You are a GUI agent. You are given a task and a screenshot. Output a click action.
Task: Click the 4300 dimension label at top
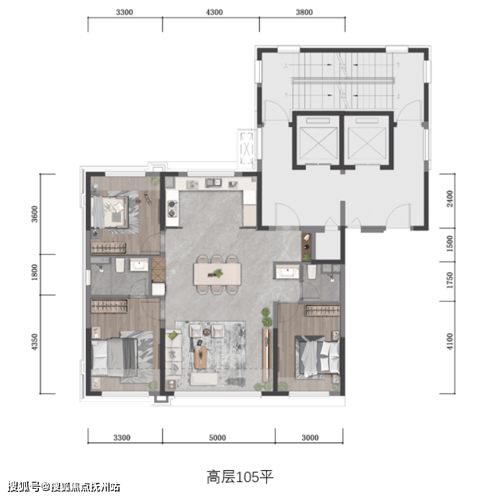click(x=214, y=13)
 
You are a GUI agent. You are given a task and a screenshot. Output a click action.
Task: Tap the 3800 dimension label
click(x=304, y=13)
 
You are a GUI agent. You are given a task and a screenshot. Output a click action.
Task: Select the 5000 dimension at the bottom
click(x=218, y=438)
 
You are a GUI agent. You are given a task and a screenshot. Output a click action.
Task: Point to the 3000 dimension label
click(x=310, y=438)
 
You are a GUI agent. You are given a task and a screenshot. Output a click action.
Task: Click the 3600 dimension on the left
click(x=34, y=214)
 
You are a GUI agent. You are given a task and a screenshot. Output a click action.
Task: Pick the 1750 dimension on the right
click(x=450, y=280)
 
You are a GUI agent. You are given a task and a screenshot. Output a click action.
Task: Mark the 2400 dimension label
click(x=450, y=199)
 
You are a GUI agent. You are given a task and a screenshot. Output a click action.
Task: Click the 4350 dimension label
click(x=34, y=342)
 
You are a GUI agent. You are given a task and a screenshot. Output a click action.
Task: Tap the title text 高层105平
click(x=240, y=478)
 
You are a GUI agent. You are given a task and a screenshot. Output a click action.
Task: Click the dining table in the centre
click(x=217, y=274)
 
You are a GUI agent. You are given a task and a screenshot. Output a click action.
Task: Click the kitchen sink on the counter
click(x=214, y=183)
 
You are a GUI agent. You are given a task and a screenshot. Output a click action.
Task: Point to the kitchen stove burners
click(x=173, y=208)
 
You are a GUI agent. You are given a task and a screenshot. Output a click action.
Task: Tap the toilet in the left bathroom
click(x=120, y=266)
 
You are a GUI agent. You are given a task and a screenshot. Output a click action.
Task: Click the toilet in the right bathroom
click(x=311, y=272)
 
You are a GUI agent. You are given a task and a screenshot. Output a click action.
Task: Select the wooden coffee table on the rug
click(x=200, y=357)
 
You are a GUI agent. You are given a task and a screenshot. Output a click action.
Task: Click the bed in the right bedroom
click(x=317, y=357)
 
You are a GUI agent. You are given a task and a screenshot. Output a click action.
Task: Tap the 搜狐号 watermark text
click(x=24, y=487)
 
